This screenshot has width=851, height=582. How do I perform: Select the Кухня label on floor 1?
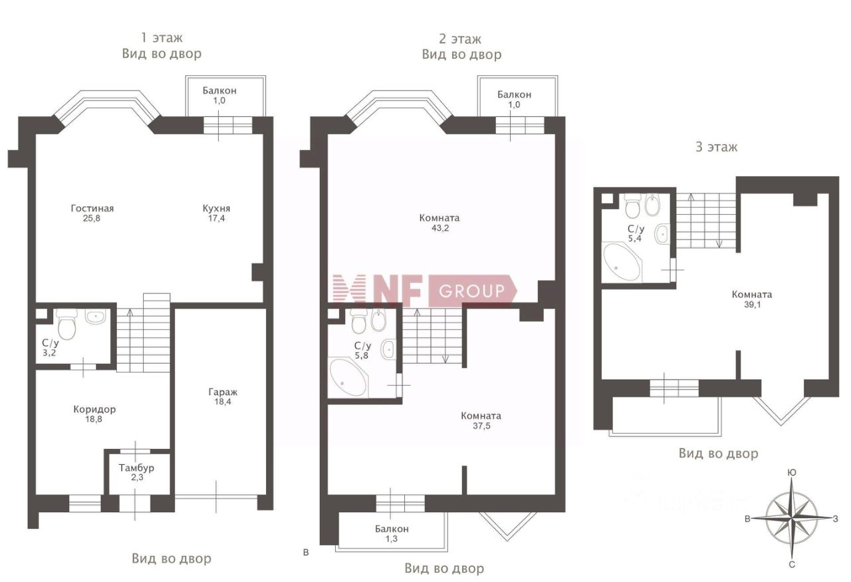217,208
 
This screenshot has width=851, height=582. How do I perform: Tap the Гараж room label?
222,392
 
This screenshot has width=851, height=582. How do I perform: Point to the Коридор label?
94,409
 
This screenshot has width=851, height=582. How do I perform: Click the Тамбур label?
137,468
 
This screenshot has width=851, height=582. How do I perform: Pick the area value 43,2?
439,228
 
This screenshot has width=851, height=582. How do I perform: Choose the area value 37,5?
481,426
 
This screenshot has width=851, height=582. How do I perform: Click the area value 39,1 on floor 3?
751,305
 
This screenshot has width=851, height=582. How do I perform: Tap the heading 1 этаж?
161,38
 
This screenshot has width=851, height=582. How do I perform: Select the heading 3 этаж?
716,147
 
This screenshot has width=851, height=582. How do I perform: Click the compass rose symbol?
792,517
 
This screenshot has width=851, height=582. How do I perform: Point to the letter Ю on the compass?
792,472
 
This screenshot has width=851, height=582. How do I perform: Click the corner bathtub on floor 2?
348,377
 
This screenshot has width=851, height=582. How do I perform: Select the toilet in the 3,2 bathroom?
67,325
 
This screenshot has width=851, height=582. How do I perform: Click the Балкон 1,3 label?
392,534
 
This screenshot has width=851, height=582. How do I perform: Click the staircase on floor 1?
143,336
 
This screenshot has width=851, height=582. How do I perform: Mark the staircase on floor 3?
705,220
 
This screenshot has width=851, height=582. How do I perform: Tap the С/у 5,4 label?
635,233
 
